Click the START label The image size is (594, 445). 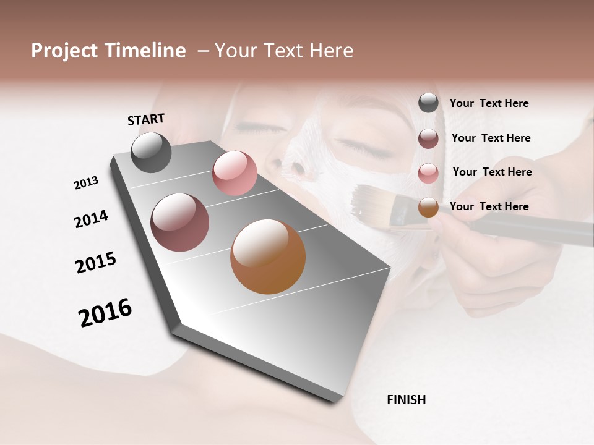146,119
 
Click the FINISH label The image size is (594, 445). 406,400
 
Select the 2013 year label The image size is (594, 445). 87,183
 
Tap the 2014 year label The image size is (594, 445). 91,219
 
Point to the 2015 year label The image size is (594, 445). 96,263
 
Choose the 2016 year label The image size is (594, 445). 105,313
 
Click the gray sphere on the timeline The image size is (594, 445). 151,152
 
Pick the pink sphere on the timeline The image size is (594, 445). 235,173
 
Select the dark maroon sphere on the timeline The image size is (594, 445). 179,222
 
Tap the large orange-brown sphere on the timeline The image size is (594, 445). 268,256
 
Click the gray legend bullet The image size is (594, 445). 428,103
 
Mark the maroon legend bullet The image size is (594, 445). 428,138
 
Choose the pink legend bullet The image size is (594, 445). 428,173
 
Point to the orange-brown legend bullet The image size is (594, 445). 428,207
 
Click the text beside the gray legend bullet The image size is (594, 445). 489,104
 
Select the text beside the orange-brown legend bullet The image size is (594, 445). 489,206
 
